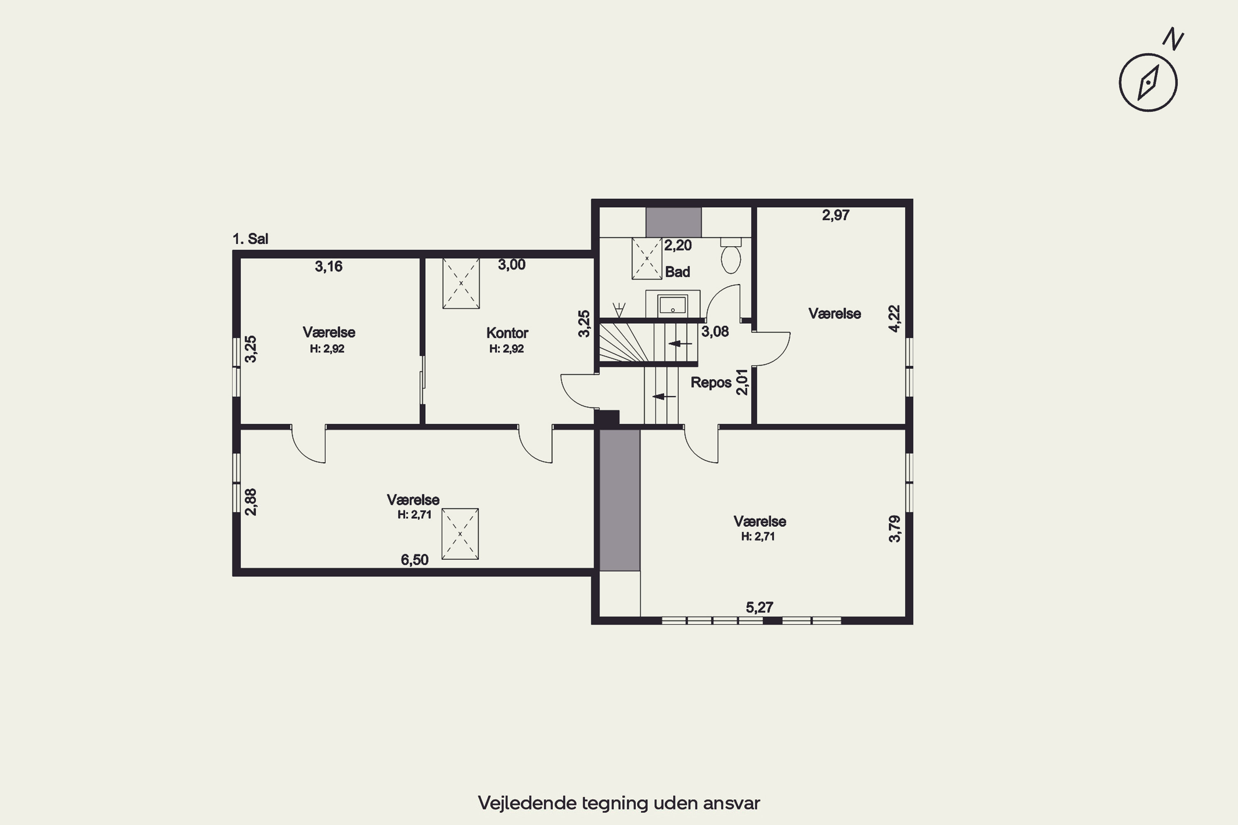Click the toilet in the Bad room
point(730,255)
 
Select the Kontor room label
point(507,332)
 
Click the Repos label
point(711,382)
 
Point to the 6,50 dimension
point(414,560)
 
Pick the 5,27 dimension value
point(759,607)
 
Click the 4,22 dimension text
point(894,318)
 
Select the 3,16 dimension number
point(328,266)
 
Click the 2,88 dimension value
point(251,502)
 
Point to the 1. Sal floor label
point(250,239)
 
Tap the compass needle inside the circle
point(1148,82)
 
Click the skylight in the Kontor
point(461,283)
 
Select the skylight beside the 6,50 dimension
point(460,533)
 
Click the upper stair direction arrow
point(680,344)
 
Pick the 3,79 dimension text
point(894,528)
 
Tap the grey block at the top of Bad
point(674,222)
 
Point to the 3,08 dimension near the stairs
point(715,332)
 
